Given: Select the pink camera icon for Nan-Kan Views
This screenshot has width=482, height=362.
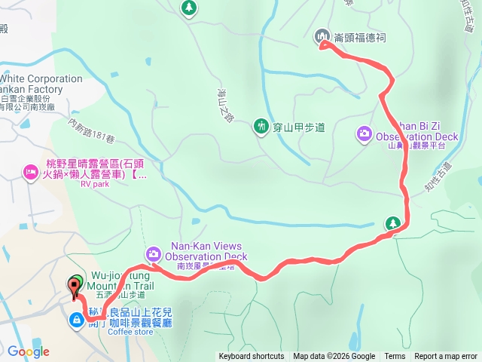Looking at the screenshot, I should (x=153, y=253).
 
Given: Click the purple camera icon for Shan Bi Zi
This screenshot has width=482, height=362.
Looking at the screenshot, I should (x=365, y=133).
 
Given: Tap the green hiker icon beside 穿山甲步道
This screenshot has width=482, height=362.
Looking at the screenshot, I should (x=261, y=125).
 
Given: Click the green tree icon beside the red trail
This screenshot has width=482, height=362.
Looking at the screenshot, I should (x=392, y=222).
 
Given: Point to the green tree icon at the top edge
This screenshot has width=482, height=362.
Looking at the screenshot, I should (x=188, y=8).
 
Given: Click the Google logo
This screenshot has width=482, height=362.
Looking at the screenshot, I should (x=29, y=351).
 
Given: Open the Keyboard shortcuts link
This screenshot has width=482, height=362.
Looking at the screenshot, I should (x=252, y=357).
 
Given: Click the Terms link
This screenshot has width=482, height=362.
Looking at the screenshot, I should (x=395, y=357).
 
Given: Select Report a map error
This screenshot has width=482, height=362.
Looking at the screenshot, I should (x=446, y=357).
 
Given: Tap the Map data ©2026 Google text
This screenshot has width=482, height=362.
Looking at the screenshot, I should (x=334, y=357).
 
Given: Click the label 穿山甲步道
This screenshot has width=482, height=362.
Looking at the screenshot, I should (x=299, y=127).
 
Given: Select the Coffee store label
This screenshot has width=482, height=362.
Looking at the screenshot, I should (x=130, y=331).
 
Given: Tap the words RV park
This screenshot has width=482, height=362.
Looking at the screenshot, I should (x=96, y=183).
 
